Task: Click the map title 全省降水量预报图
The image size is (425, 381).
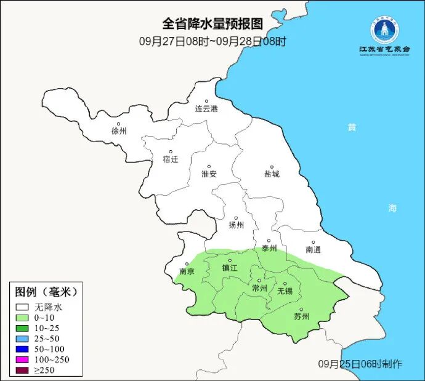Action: pyautogui.click(x=212, y=24)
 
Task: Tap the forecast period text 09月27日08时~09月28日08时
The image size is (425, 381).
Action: pyautogui.click(x=212, y=41)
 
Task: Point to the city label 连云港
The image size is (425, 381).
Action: pyautogui.click(x=206, y=109)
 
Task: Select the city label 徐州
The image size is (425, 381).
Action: pyautogui.click(x=119, y=131)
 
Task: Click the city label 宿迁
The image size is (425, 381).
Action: pyautogui.click(x=170, y=159)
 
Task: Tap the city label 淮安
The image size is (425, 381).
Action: pyautogui.click(x=209, y=174)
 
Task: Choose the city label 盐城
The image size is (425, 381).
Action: pyautogui.click(x=271, y=174)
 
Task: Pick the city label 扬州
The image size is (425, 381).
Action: pyautogui.click(x=236, y=225)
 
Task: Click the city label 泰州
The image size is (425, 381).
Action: pyautogui.click(x=269, y=249)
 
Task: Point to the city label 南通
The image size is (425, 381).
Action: pyautogui.click(x=313, y=250)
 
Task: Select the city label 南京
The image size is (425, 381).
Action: pyautogui.click(x=187, y=271)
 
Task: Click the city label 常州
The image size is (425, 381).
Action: pyautogui.click(x=259, y=288)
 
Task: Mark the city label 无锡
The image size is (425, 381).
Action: pyautogui.click(x=285, y=291)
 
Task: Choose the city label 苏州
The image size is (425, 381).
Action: pyautogui.click(x=301, y=317)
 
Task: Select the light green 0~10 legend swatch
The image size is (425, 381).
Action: pyautogui.click(x=23, y=317)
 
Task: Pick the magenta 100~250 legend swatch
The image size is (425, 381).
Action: pyautogui.click(x=23, y=359)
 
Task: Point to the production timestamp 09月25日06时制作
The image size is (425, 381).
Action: pyautogui.click(x=360, y=364)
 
